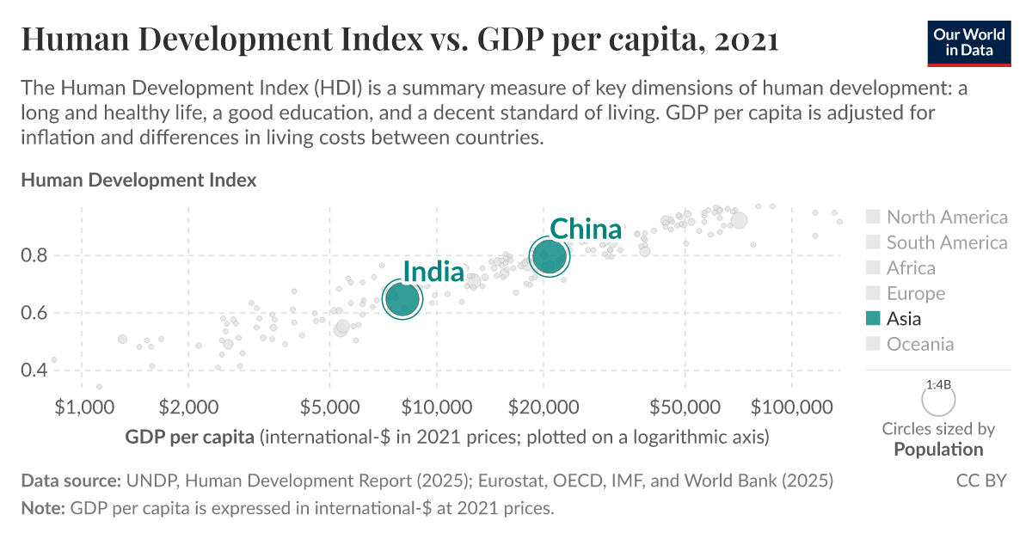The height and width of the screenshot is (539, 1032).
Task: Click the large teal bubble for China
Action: tap(550, 256)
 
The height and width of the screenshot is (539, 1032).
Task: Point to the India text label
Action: tap(433, 272)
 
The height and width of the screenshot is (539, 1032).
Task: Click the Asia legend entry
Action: tap(903, 319)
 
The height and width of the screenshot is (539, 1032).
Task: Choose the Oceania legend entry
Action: tap(919, 344)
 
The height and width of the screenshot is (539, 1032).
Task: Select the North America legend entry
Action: tap(946, 217)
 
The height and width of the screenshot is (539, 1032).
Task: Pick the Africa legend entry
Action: tap(911, 268)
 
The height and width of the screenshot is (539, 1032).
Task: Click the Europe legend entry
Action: tap(915, 293)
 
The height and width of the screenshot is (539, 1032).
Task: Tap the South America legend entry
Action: tap(946, 242)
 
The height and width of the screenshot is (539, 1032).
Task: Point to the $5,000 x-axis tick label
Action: tap(329, 405)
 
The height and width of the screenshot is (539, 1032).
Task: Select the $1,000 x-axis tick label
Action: tap(81, 405)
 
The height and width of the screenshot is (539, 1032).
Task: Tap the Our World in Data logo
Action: tap(969, 41)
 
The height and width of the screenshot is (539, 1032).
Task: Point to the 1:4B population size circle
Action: tap(938, 400)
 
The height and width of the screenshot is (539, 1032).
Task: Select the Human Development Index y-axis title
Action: tap(138, 181)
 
